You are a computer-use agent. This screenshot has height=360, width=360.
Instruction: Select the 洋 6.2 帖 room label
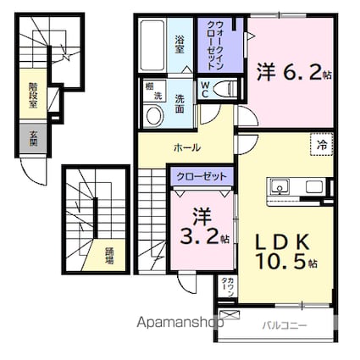[292, 73]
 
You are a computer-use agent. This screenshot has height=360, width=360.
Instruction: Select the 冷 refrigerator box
[321, 145]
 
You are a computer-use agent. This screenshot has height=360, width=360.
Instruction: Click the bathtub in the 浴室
[152, 48]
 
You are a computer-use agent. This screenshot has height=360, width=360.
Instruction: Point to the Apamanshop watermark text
[178, 322]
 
